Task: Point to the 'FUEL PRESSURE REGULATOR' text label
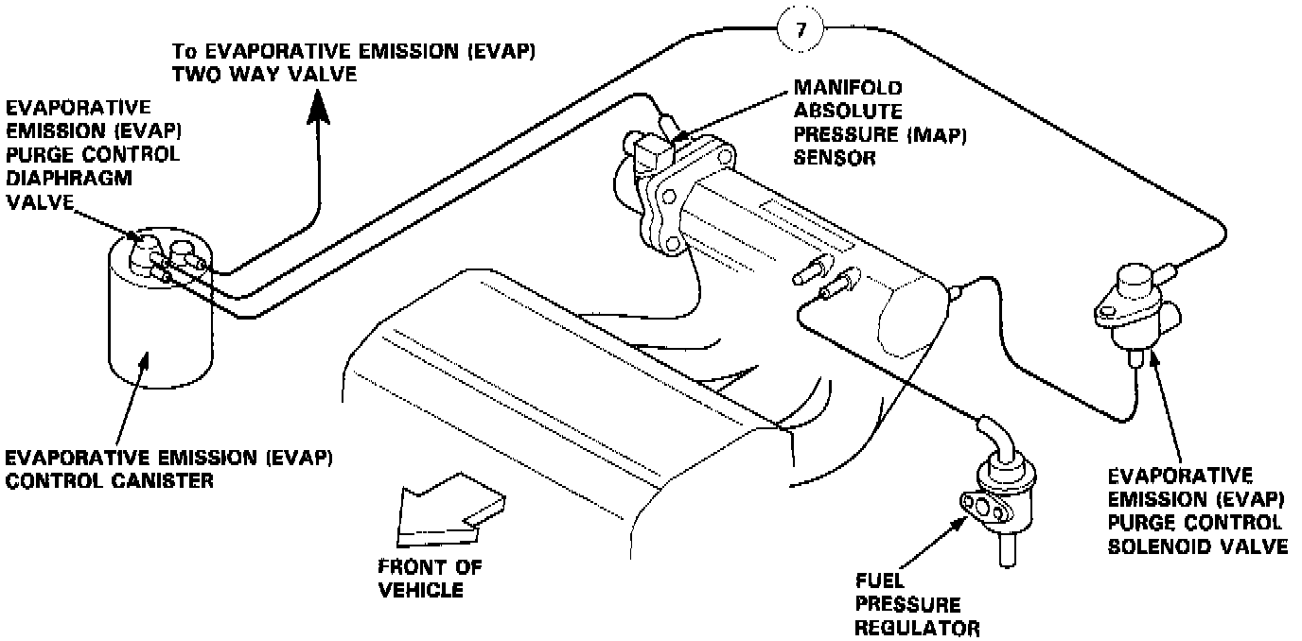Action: (916, 604)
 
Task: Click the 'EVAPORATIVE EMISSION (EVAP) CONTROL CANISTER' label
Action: (168, 469)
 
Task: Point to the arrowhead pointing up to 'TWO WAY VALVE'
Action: (317, 105)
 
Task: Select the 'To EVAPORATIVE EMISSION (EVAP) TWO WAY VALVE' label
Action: (353, 61)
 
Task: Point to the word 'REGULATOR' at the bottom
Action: (916, 627)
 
